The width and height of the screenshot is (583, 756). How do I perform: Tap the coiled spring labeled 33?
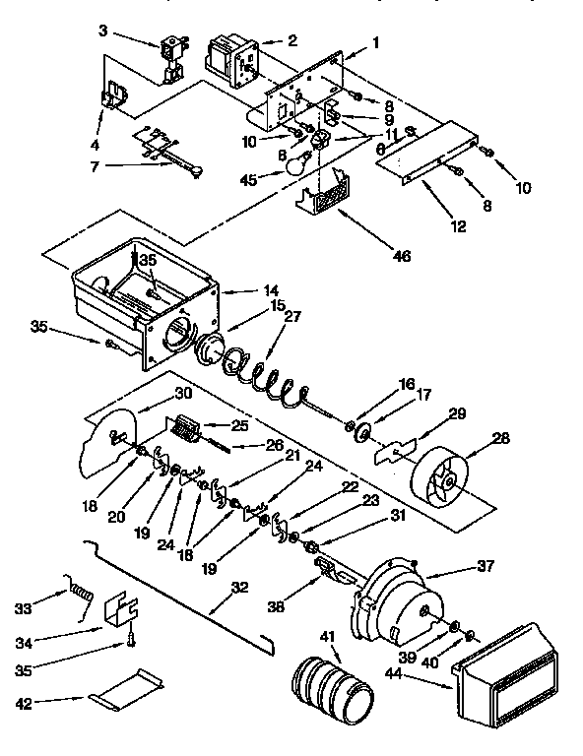coord(81,594)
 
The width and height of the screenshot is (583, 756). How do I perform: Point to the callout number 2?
coord(292,40)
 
